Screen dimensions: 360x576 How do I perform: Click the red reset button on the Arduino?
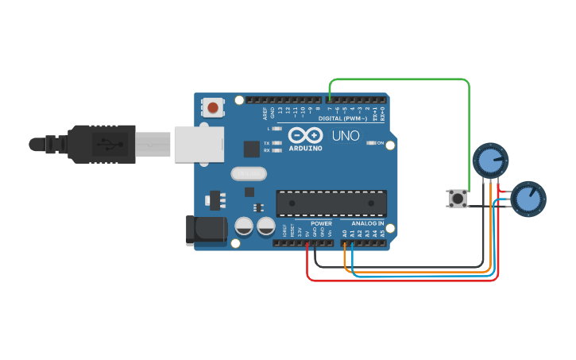tap(213, 106)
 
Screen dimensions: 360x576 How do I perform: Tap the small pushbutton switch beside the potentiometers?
tap(458, 198)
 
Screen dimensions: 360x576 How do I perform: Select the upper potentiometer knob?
tap(489, 161)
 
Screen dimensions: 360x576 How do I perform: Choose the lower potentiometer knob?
tap(528, 199)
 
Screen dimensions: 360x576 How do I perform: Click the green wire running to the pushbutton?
tap(397, 79)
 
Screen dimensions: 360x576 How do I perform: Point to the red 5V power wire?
tap(397, 280)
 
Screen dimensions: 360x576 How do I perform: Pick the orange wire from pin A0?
tap(421, 272)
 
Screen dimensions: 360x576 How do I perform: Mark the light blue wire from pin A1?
tap(421, 277)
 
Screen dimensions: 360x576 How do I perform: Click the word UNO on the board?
tap(347, 136)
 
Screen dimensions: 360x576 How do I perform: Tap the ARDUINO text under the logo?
tap(305, 149)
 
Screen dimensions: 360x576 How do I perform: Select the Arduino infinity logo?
tap(305, 135)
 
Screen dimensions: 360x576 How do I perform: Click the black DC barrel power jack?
tap(205, 230)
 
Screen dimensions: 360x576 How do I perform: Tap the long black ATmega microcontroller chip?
tap(331, 203)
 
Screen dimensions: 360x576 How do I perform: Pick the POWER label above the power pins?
tap(321, 223)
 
